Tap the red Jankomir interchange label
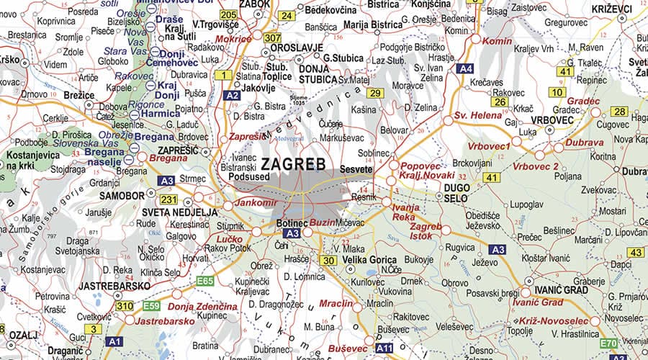(x=256, y=202)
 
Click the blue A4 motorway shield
(x=465, y=69)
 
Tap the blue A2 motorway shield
(x=231, y=95)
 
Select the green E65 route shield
(x=205, y=281)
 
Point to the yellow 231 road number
(x=168, y=199)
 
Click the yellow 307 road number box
(x=272, y=37)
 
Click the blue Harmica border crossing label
(x=160, y=113)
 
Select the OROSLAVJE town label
(x=296, y=48)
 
